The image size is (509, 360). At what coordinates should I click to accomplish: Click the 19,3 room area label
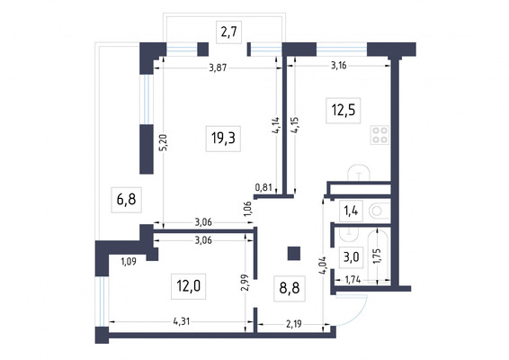tap(223, 139)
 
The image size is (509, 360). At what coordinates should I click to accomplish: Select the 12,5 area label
tap(344, 110)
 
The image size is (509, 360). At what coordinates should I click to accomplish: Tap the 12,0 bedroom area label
tap(188, 286)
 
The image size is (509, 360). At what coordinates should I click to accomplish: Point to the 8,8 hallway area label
tap(290, 288)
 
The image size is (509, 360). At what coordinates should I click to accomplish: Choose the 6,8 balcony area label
tap(126, 200)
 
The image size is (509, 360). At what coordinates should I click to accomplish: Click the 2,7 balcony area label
tap(228, 31)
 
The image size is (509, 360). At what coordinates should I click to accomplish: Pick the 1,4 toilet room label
tap(351, 211)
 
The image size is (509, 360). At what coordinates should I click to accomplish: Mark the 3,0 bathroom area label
tap(351, 257)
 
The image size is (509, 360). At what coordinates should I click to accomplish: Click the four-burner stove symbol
tap(380, 135)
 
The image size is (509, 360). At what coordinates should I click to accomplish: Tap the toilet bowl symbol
tap(380, 211)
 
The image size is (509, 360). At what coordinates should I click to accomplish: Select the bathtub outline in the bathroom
tap(379, 256)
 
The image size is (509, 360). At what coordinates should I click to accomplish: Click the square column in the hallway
tap(294, 254)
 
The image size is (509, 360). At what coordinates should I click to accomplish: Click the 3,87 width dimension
tap(218, 67)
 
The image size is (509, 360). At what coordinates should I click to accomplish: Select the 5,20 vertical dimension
tap(164, 142)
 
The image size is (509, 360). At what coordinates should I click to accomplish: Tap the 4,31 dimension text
tap(182, 321)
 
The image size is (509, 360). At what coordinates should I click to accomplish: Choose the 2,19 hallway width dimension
tap(293, 324)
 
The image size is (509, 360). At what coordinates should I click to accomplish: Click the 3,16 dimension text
tap(338, 66)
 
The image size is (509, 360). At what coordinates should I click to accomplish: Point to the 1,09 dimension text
tap(129, 261)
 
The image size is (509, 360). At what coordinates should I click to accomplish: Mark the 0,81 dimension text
tap(263, 187)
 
